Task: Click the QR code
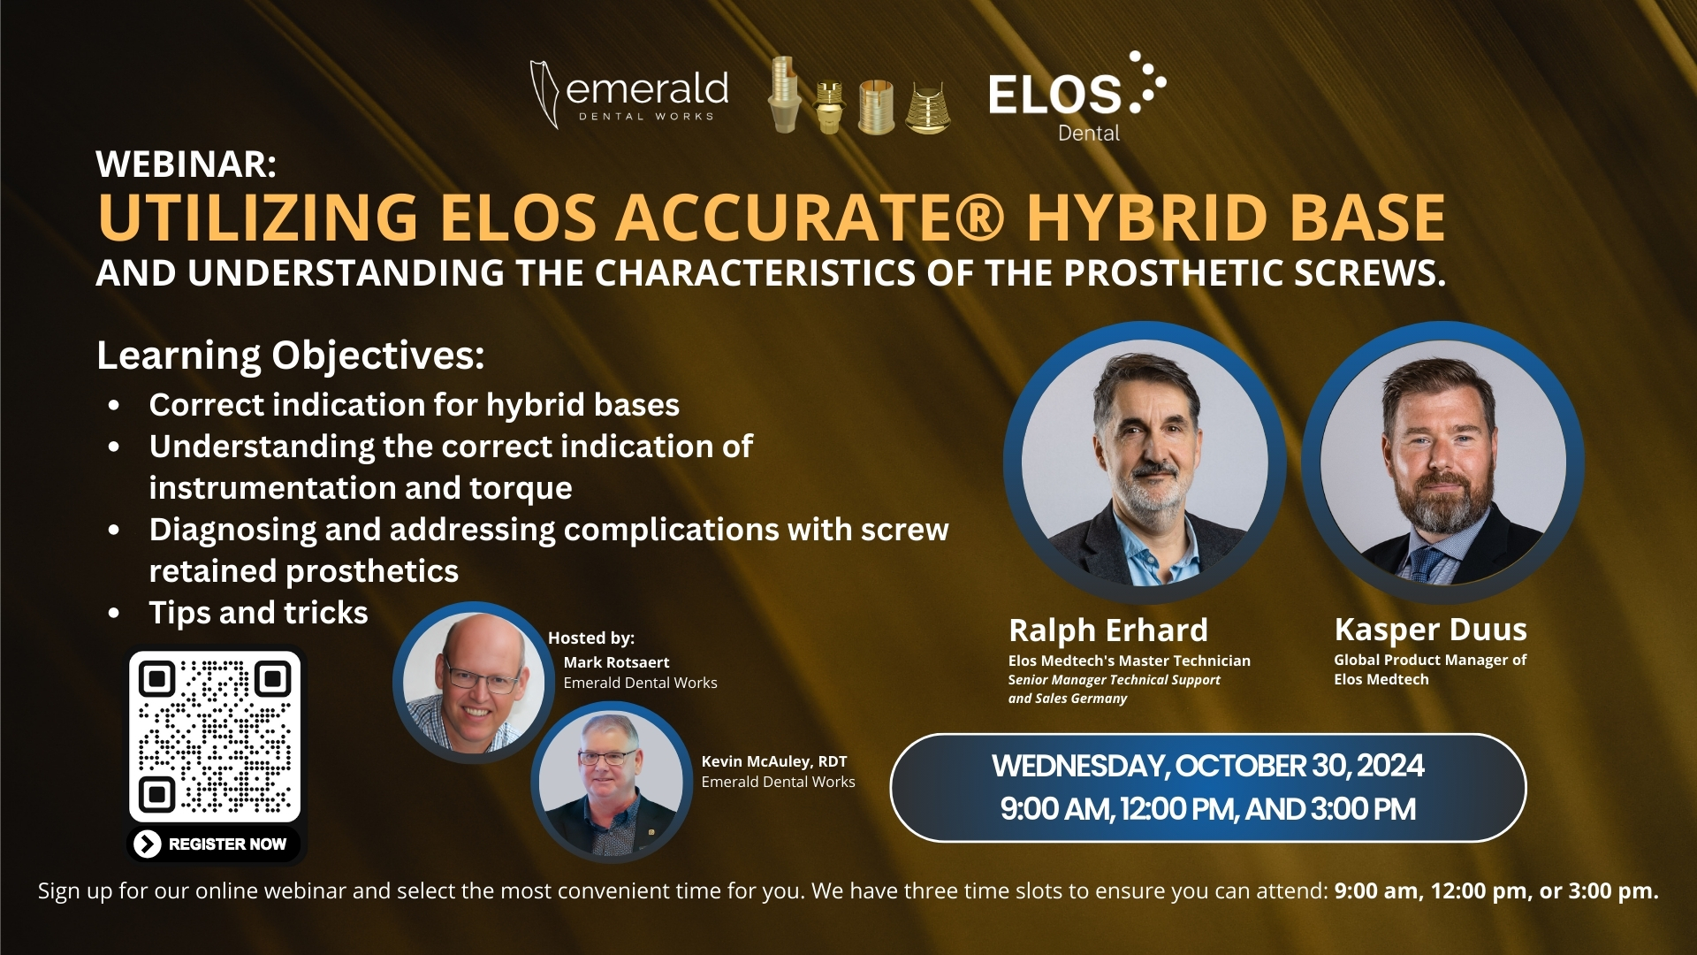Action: [215, 737]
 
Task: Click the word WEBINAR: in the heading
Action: [186, 164]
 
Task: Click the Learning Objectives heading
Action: [290, 355]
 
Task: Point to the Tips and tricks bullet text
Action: [258, 613]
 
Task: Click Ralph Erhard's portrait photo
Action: [1145, 463]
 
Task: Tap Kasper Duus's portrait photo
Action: [1442, 463]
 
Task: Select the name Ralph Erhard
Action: [1107, 630]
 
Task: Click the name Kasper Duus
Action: [1430, 630]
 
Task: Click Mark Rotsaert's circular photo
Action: [472, 682]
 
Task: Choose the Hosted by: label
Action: [590, 638]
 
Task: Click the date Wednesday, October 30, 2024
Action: [1207, 766]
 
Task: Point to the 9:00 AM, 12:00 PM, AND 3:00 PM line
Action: [1207, 809]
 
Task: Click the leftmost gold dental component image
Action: [783, 95]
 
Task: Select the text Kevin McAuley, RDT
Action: [773, 761]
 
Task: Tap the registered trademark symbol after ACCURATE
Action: [978, 218]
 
